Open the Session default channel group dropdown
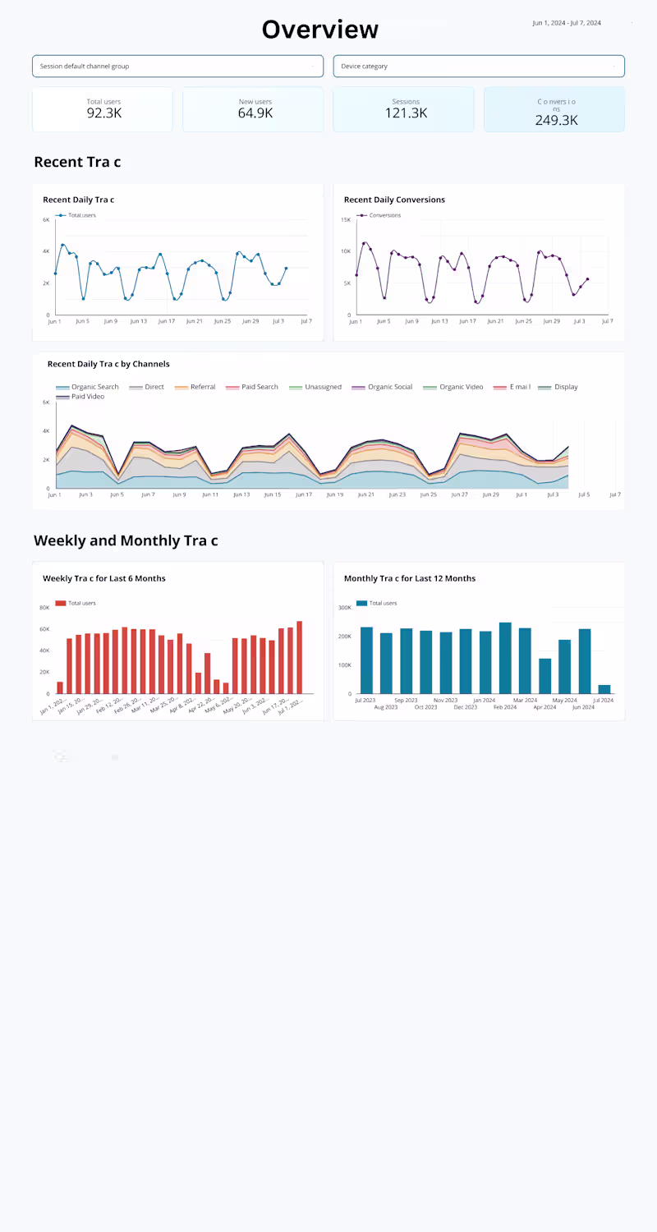pos(177,67)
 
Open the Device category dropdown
pos(478,67)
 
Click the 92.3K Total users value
pos(103,113)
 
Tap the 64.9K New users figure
pos(255,113)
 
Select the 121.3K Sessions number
pos(406,113)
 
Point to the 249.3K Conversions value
pos(556,120)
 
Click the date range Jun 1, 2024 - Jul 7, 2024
pos(567,23)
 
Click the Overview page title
pos(320,30)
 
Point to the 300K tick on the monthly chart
pos(344,607)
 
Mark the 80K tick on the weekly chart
pos(44,608)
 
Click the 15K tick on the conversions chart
pos(346,219)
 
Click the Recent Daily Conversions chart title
pos(394,200)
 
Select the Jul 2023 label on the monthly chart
pos(366,701)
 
